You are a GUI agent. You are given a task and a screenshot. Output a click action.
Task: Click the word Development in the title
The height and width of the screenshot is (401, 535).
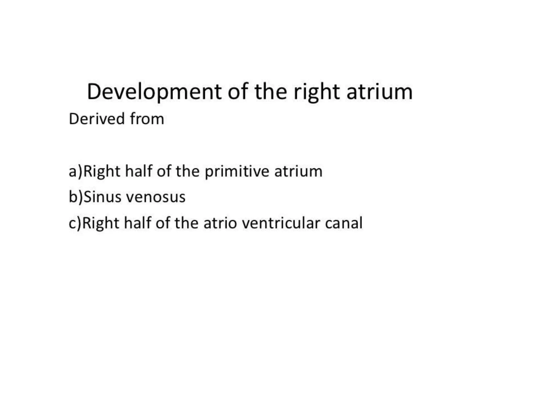154,92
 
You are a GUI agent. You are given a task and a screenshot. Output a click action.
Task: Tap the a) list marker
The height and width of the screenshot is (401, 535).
75,172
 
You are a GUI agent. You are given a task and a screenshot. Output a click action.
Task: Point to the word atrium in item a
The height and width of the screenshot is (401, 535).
298,172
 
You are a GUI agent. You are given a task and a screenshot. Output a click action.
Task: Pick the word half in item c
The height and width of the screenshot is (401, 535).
137,223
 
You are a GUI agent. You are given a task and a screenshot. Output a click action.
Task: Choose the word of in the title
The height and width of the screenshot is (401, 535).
238,92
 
